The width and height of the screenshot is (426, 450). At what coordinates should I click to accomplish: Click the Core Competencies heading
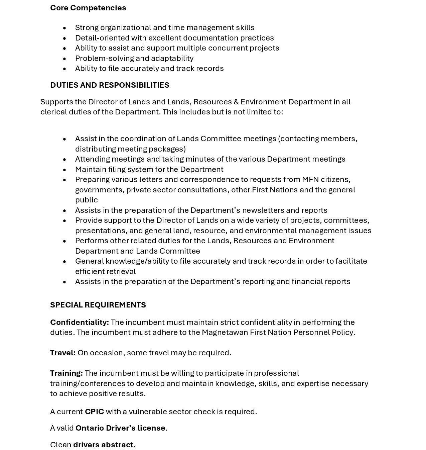(x=88, y=8)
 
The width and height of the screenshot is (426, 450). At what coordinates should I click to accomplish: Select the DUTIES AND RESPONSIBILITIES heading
(x=110, y=85)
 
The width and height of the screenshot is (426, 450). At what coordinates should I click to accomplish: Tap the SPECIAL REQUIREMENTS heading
(x=98, y=305)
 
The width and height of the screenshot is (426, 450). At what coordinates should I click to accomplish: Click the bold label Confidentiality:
(x=80, y=322)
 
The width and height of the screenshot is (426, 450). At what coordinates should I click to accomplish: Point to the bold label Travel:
(x=63, y=353)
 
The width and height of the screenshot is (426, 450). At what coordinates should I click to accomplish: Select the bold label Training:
(x=66, y=373)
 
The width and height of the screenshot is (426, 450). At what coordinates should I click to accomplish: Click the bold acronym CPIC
(x=94, y=412)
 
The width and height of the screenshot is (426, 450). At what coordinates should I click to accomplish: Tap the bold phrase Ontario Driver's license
(x=120, y=428)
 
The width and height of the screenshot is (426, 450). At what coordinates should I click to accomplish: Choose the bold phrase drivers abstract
(x=103, y=445)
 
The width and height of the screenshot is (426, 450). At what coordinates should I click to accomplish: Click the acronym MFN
(x=310, y=179)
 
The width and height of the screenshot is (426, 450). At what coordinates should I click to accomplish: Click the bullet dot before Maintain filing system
(x=64, y=170)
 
